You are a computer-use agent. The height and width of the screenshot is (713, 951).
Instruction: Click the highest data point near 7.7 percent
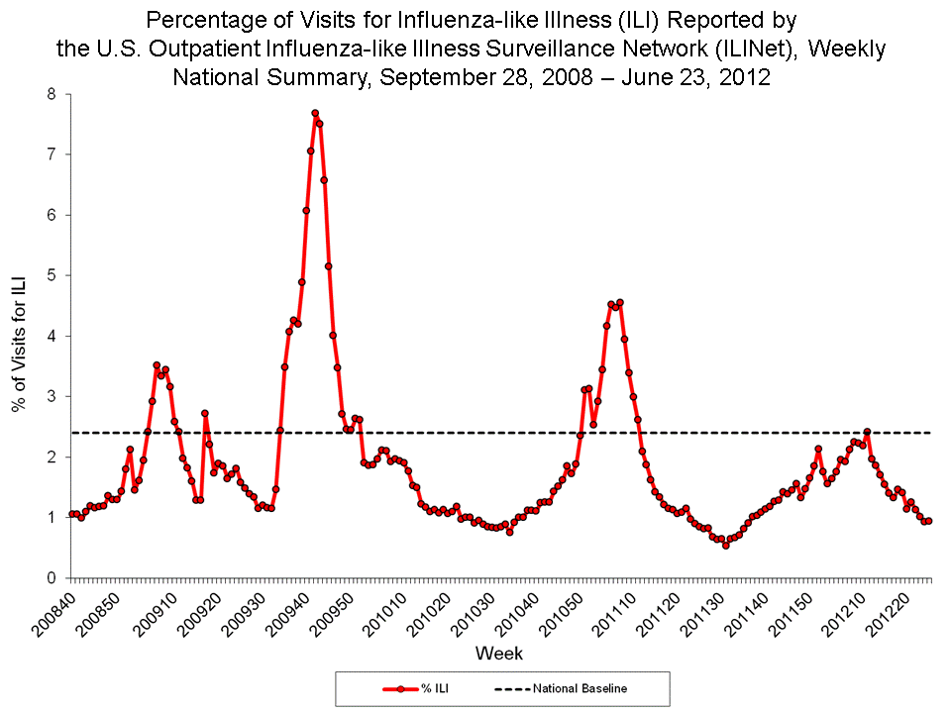coord(315,113)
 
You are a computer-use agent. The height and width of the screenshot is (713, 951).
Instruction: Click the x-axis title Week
coord(498,654)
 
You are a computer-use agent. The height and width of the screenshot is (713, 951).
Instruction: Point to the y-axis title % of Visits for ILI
coord(18,337)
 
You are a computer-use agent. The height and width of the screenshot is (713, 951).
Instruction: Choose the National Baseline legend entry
coord(560,688)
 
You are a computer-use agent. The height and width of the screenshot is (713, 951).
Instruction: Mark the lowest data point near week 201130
coord(725,545)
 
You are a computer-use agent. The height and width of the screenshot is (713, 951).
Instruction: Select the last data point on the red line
coord(928,521)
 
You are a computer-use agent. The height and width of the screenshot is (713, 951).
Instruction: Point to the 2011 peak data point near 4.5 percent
coord(620,302)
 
